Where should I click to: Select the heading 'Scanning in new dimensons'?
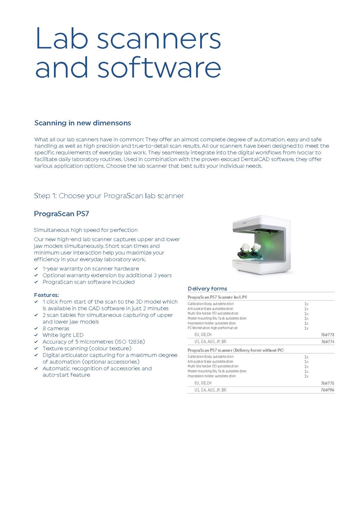pos(83,123)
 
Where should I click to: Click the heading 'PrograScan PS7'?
pos(61,214)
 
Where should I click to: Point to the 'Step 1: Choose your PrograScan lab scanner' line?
pos(109,196)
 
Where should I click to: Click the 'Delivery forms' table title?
pos(207,289)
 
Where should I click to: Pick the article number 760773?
pos(327,335)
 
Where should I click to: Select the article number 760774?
pos(327,342)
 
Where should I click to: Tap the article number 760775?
pos(327,383)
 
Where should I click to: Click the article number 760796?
pos(327,390)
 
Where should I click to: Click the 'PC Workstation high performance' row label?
pos(212,328)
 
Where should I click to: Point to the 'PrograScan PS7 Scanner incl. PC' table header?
pos(217,297)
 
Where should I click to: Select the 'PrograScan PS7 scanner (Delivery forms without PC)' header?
pos(236,350)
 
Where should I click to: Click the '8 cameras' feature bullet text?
pos(56,329)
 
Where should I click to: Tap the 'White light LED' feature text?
pos(63,335)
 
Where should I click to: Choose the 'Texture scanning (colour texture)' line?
pos(87,348)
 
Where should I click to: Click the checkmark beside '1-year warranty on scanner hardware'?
pos(36,269)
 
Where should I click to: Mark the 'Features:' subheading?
pos(46,295)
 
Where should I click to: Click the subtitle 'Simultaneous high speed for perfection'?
pos(86,230)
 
